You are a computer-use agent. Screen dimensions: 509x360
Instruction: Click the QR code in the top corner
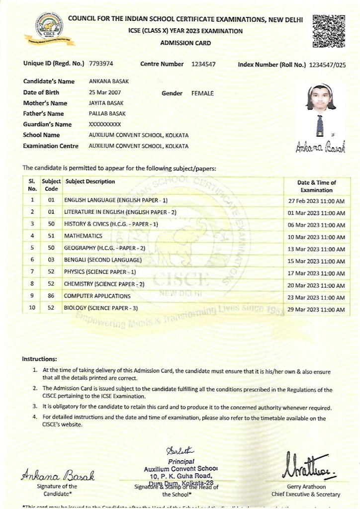[x=329, y=31]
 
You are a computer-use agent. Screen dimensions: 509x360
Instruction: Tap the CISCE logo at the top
[x=49, y=27]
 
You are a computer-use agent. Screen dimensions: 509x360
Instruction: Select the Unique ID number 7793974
[x=101, y=64]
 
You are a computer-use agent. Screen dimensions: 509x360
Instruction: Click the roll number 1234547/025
[x=327, y=65]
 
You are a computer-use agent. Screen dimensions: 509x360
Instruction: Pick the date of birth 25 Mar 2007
[x=104, y=92]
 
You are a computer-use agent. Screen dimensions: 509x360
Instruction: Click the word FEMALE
[x=202, y=93]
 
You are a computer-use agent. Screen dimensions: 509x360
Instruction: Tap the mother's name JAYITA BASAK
[x=104, y=103]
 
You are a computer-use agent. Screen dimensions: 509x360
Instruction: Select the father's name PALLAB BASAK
[x=107, y=114]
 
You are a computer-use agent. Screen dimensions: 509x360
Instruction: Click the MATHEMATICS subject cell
[x=83, y=236]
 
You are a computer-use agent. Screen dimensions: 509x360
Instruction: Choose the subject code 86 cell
[x=51, y=296]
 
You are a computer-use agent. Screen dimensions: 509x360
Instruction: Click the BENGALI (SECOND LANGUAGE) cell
[x=102, y=260]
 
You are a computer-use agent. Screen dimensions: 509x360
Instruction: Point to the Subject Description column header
[x=90, y=182]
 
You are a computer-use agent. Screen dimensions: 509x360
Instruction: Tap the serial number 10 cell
[x=32, y=308]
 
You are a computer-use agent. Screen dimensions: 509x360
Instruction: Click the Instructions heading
[x=39, y=359]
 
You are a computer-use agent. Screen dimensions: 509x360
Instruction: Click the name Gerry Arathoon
[x=306, y=487]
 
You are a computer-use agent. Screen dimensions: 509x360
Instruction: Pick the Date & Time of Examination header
[x=316, y=186]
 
